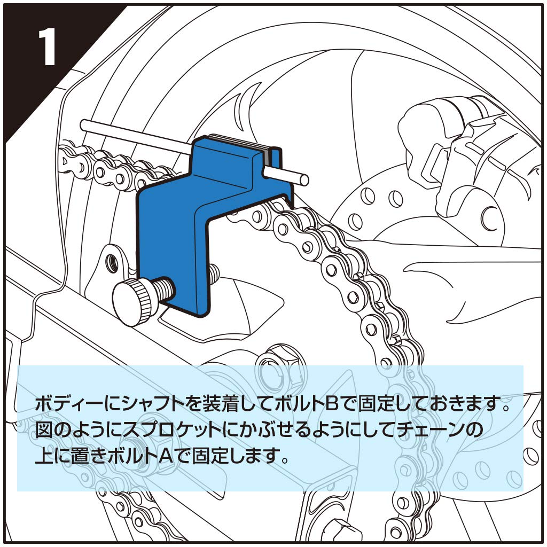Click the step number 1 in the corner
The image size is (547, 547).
47,46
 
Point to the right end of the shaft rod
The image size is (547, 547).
303,179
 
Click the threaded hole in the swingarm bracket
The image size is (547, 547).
112,260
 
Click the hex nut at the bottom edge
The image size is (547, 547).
341,532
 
